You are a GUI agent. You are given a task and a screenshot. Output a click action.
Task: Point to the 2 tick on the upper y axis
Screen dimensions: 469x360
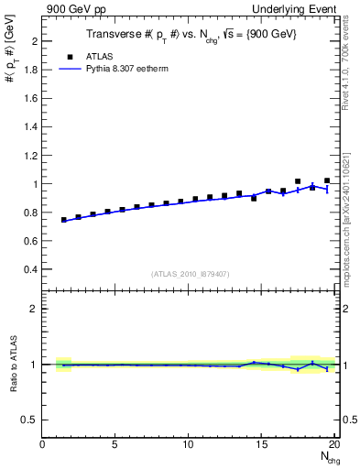tap(34, 42)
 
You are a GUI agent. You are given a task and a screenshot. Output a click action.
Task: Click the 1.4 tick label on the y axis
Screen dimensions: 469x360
tap(29, 127)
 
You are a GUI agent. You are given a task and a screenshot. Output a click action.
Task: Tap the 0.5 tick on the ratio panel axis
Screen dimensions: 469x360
tap(29, 420)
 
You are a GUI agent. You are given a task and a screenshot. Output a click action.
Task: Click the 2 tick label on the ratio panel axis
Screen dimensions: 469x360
tap(34, 309)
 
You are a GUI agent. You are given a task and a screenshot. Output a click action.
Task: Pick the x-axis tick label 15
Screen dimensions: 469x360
tap(262, 445)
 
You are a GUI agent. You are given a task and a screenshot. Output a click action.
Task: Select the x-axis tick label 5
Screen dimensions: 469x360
tap(115, 445)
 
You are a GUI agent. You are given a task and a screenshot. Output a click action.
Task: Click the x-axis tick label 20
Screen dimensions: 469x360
tap(334, 445)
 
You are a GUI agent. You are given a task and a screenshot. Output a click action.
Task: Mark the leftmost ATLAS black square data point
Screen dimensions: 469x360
tap(64, 220)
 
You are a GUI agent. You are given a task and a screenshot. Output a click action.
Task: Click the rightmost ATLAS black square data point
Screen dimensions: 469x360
tap(327, 180)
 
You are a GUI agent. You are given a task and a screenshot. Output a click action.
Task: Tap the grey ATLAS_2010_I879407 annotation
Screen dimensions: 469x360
tap(190, 274)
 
